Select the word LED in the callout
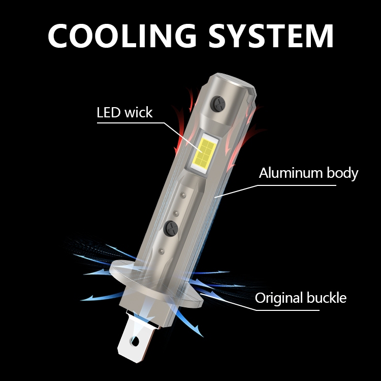tap(109, 112)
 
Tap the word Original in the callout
tap(278, 298)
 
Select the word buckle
tap(325, 298)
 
